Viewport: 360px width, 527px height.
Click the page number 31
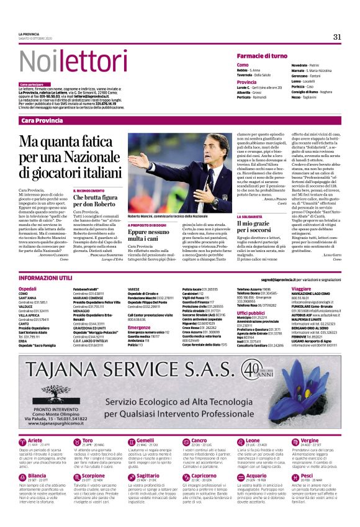click(337, 37)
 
